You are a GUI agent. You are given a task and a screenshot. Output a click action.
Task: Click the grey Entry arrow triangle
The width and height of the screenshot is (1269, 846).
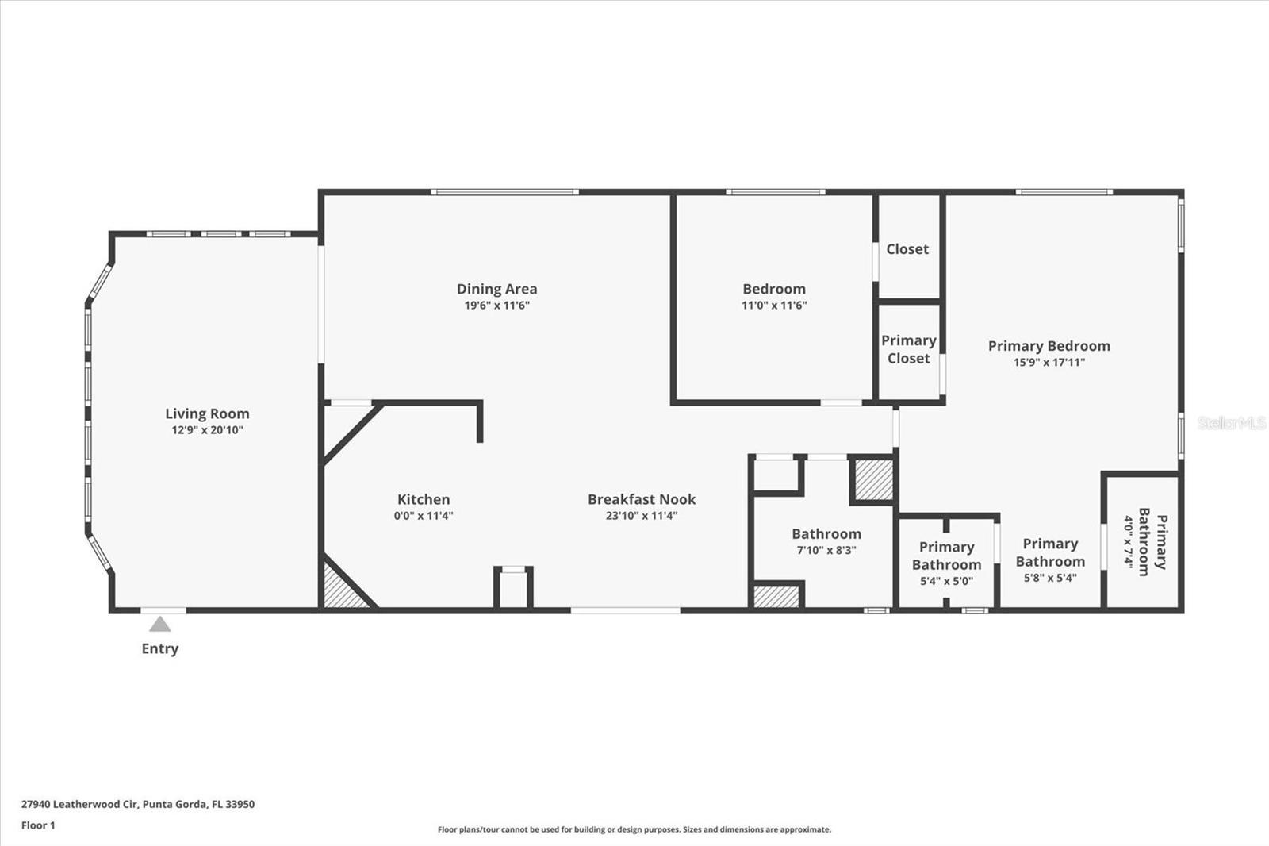tap(160, 625)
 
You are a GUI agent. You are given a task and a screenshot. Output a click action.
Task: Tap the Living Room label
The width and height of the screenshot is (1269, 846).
tap(207, 413)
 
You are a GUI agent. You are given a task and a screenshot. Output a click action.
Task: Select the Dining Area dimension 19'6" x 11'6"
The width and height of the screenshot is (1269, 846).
tap(496, 306)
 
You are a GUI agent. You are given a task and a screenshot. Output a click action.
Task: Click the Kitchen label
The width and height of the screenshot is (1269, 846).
tap(424, 499)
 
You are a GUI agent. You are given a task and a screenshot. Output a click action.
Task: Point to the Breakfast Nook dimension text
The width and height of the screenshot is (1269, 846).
tap(642, 516)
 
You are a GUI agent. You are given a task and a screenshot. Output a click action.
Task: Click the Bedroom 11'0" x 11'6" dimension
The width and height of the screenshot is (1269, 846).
tap(773, 306)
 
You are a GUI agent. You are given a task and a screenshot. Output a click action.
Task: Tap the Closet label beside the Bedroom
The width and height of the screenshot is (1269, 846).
tap(907, 249)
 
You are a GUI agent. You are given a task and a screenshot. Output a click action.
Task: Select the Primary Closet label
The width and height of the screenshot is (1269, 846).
tap(909, 349)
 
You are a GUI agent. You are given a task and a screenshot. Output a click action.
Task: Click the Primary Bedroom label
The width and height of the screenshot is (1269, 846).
tap(1049, 346)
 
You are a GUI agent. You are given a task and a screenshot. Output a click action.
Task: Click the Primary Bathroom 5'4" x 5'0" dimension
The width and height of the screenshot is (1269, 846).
tap(946, 581)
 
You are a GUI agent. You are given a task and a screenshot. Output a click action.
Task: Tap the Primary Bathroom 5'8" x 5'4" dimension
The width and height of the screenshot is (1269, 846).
tap(1050, 578)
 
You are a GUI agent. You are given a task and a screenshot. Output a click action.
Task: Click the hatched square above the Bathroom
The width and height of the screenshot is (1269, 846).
tap(873, 479)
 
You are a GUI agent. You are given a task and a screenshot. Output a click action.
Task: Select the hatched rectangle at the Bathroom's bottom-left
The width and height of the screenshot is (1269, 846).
tap(776, 596)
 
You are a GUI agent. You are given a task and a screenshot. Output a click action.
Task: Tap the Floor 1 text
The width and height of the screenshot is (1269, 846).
tap(38, 825)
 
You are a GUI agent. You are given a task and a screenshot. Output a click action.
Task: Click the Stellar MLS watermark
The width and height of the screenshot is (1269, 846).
tap(1231, 423)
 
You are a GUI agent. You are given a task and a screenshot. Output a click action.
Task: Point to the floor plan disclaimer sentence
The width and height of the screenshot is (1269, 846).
tap(634, 829)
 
